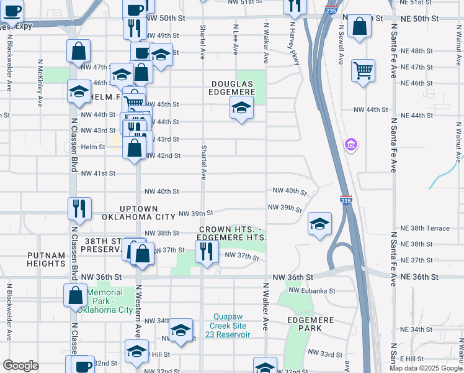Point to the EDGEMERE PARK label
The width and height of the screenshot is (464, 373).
coord(311,324)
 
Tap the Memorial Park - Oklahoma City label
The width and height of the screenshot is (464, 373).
coord(110,302)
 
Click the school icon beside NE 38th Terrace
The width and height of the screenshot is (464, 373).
coord(319,224)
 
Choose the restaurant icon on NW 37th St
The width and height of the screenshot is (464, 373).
coord(206,251)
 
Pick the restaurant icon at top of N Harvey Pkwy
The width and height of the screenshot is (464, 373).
coord(295,6)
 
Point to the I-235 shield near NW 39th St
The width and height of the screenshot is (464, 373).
coord(346,200)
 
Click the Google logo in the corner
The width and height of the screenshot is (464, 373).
coord(20,366)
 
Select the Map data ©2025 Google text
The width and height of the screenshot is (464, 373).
coord(426,368)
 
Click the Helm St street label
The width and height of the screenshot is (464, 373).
coord(93,147)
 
